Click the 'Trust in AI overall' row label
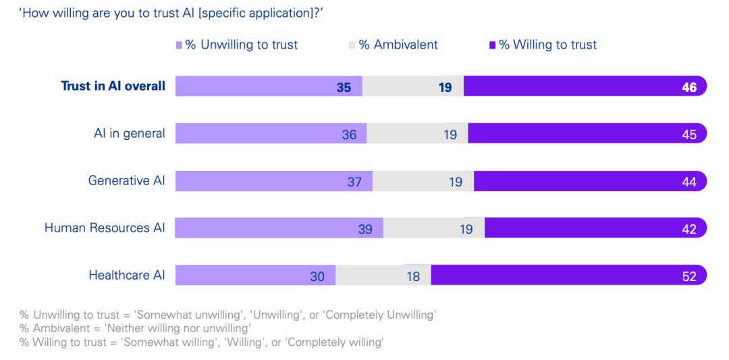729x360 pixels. click(113, 86)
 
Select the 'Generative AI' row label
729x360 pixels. click(126, 180)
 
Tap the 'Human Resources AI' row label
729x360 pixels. click(105, 228)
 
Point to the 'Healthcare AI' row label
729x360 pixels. click(127, 276)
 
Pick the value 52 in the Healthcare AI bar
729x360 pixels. click(689, 276)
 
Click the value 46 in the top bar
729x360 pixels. click(689, 86)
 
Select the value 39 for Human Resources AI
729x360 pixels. click(365, 228)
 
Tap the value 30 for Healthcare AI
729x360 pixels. click(317, 276)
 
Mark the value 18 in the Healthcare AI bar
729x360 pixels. click(414, 276)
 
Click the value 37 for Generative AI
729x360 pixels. click(355, 181)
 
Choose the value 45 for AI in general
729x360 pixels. click(689, 134)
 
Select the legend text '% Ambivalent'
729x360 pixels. click(398, 45)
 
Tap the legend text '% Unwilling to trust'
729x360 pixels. click(241, 45)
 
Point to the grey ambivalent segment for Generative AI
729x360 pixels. click(423, 181)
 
